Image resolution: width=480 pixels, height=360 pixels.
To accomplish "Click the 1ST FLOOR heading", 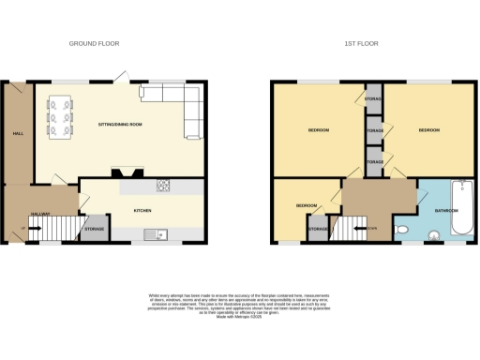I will pyautogui.click(x=360, y=43).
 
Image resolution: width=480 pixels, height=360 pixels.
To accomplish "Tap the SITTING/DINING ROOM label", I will pyautogui.click(x=120, y=125).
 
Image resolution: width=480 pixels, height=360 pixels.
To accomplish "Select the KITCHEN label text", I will pyautogui.click(x=142, y=211).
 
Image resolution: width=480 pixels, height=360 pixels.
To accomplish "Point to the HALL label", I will pyautogui.click(x=17, y=133).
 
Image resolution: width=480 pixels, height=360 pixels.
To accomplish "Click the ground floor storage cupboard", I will pyautogui.click(x=94, y=229).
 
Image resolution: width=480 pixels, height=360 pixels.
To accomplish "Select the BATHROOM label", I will pyautogui.click(x=445, y=211).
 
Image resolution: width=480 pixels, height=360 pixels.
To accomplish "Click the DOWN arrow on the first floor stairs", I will pyautogui.click(x=371, y=227).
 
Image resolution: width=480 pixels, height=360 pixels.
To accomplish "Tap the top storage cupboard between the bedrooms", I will pyautogui.click(x=372, y=98).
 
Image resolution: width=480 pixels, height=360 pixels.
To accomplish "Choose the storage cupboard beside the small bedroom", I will pyautogui.click(x=318, y=229).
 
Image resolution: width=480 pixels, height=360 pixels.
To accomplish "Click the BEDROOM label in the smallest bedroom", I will pyautogui.click(x=306, y=204).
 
